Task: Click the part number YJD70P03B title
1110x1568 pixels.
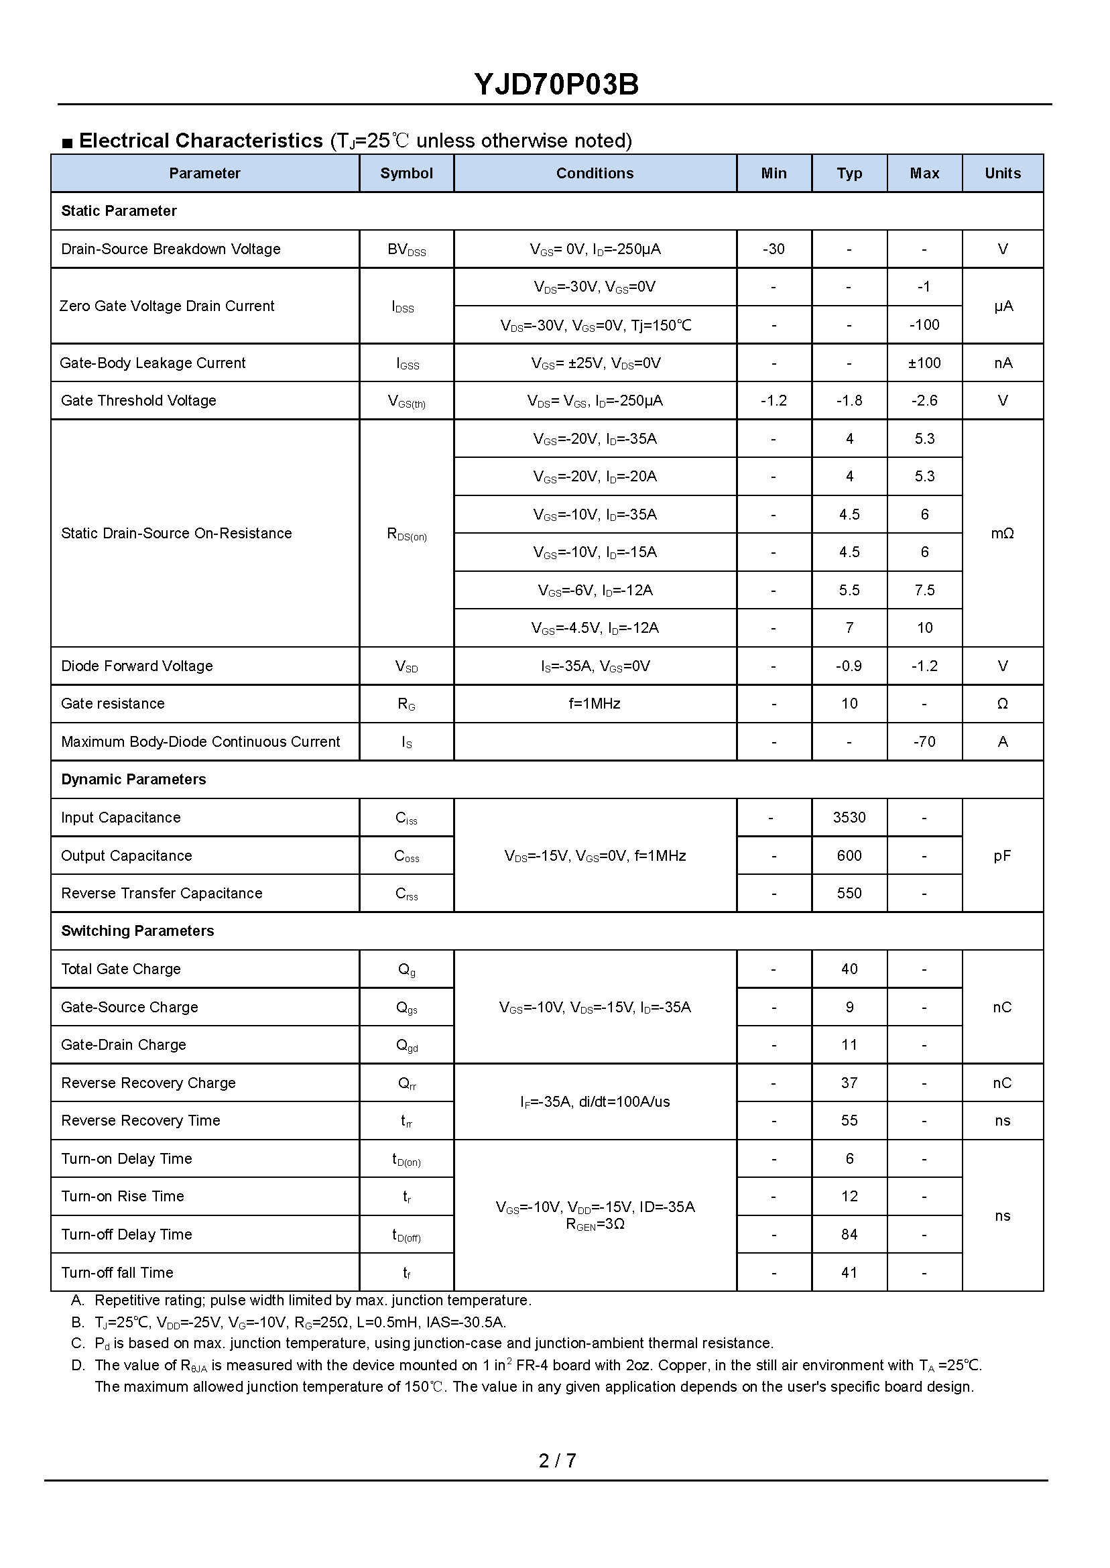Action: [x=556, y=84]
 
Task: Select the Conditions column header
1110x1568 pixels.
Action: [x=595, y=174]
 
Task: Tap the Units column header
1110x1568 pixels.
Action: [x=1002, y=174]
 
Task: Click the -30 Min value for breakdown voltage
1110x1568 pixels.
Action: [x=773, y=249]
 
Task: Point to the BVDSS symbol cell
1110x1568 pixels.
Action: [x=406, y=249]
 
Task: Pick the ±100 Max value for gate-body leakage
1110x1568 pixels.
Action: [x=924, y=363]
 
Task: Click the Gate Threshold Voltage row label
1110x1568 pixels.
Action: [x=138, y=400]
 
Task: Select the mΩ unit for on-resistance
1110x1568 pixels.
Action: [x=1002, y=533]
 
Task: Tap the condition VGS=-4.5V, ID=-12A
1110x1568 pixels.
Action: [x=595, y=627]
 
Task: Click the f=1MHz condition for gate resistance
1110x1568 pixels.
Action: [x=595, y=703]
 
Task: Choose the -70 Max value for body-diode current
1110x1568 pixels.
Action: [x=924, y=741]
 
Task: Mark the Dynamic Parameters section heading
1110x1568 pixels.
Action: [x=133, y=779]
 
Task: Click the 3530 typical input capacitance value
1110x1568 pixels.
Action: [x=849, y=817]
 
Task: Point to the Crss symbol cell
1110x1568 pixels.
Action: [x=406, y=894]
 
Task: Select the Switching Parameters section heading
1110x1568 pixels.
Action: [x=137, y=931]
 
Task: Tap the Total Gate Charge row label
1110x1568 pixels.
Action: [x=121, y=969]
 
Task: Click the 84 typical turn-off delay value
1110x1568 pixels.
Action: [x=849, y=1234]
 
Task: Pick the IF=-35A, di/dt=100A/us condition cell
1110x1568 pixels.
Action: [x=595, y=1101]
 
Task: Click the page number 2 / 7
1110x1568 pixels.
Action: [x=557, y=1461]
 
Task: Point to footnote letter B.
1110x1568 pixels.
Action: [x=77, y=1322]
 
